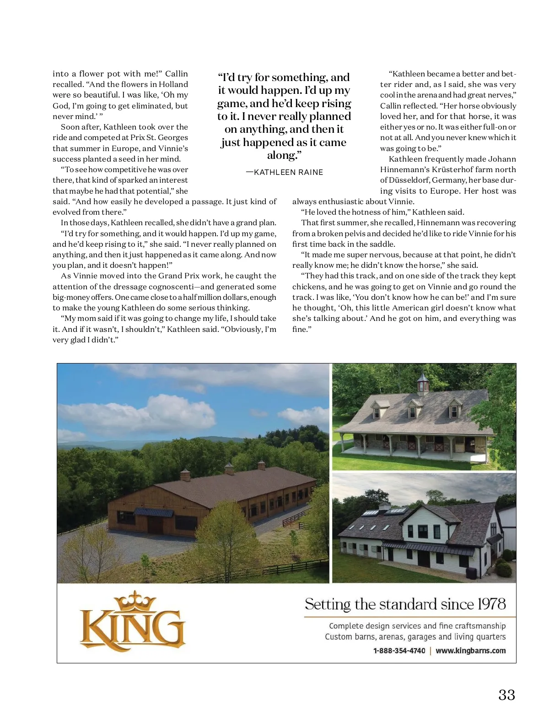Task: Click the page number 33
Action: point(506,694)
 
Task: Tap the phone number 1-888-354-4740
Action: point(399,651)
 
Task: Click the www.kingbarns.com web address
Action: point(470,651)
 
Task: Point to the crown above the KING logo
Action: point(135,601)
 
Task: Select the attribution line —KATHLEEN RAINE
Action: point(285,172)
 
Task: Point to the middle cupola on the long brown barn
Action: point(229,468)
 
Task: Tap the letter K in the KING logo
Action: point(94,629)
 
